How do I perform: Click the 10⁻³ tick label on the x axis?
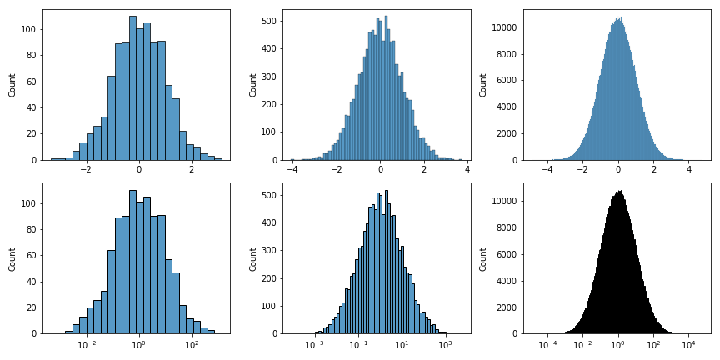(x=314, y=344)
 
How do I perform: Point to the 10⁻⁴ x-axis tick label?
(x=547, y=344)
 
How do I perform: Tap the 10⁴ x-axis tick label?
(x=688, y=344)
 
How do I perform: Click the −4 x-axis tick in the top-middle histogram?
(x=292, y=170)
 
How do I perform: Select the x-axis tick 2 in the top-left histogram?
(x=192, y=170)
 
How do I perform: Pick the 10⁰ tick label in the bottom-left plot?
(x=139, y=344)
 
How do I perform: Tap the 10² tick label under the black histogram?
(x=653, y=344)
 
